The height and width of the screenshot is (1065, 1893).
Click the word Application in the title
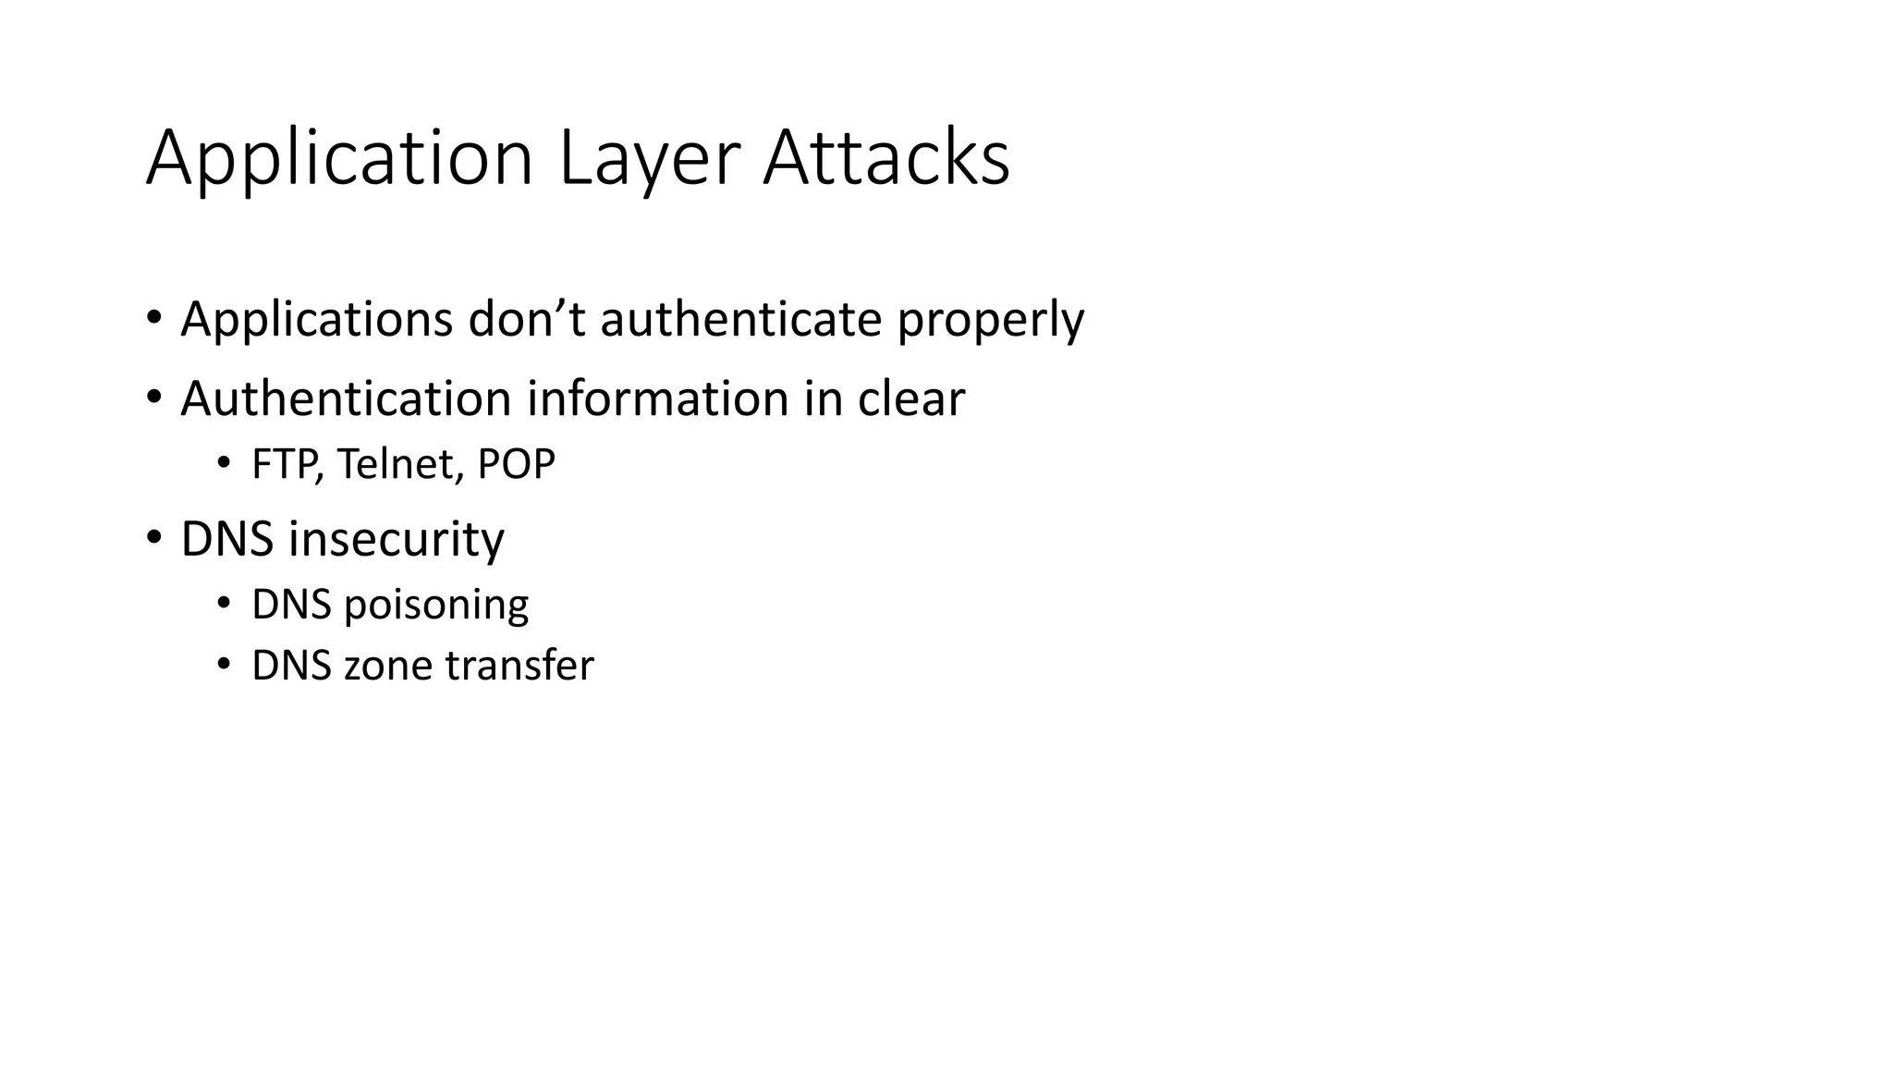339,159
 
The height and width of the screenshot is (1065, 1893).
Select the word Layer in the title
649,159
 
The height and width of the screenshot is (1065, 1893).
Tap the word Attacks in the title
885,159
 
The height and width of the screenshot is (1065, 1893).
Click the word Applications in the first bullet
317,320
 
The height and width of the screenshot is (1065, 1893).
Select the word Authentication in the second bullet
346,398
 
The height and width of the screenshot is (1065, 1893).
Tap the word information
657,398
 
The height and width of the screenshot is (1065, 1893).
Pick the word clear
910,398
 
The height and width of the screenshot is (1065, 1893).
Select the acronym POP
516,464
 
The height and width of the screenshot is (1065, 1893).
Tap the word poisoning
436,606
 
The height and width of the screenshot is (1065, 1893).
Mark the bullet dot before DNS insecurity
154,537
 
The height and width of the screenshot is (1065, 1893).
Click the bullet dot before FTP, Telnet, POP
223,463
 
